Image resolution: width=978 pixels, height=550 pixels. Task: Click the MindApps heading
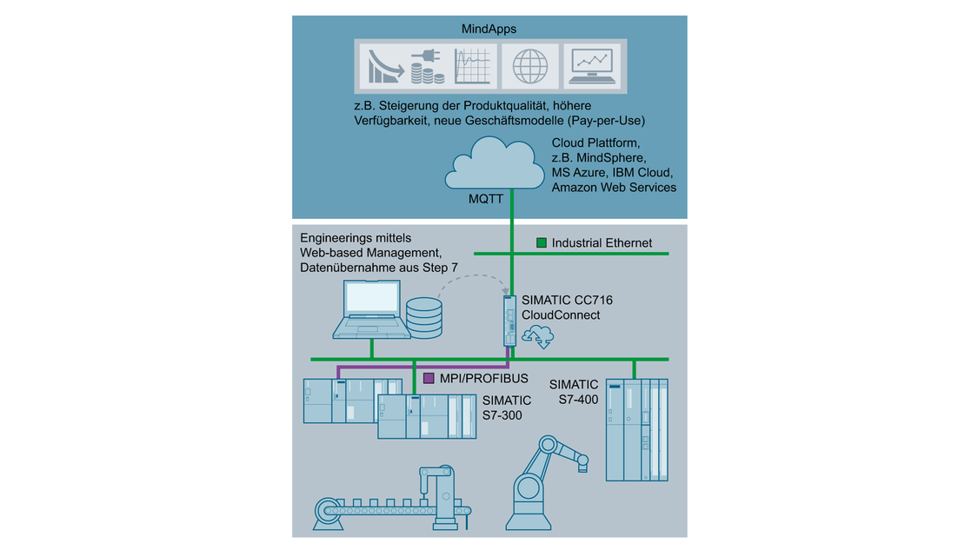click(x=489, y=29)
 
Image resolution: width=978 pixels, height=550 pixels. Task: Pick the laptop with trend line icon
click(x=590, y=66)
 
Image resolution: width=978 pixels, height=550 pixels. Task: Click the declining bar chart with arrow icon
click(x=382, y=66)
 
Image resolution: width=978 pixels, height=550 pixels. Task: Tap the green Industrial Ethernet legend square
click(x=541, y=243)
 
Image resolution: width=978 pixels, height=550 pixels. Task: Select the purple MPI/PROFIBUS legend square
click(x=428, y=379)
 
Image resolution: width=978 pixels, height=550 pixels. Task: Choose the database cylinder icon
click(x=424, y=317)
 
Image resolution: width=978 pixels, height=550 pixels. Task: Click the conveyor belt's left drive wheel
click(x=329, y=512)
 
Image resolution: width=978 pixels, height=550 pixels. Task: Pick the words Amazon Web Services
click(x=614, y=188)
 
